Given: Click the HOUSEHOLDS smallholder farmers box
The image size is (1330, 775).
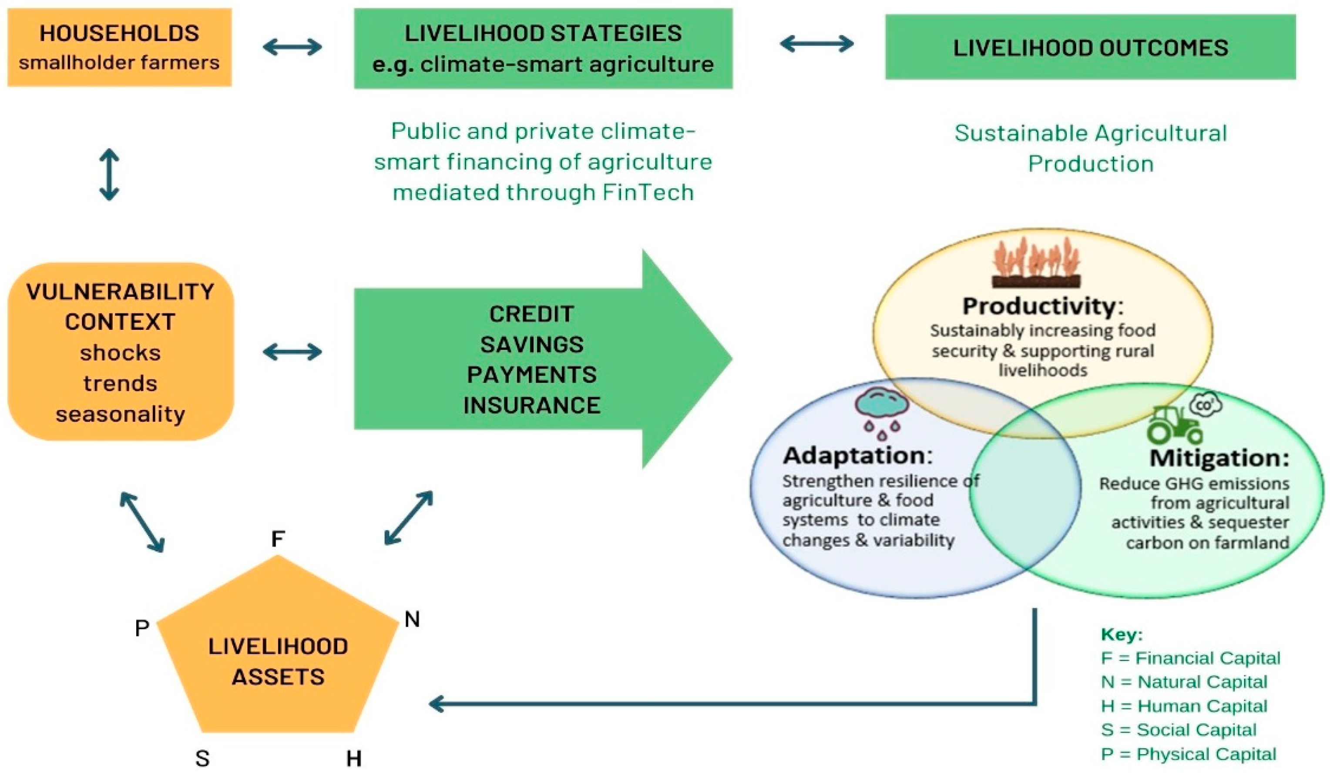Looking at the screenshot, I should point(119,47).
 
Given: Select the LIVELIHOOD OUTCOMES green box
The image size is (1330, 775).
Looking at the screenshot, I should point(1090,47).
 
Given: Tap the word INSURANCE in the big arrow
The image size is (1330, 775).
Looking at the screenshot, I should point(532,405).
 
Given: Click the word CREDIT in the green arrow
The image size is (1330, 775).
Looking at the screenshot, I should point(531,315).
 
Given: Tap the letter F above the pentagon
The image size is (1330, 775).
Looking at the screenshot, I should point(278,539).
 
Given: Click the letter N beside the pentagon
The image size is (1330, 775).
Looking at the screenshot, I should point(412,619).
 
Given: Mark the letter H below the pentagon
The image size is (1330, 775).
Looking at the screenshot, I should point(354,758).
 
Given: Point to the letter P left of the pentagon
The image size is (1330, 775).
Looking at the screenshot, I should point(142,628).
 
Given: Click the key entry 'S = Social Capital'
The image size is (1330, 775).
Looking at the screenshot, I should point(1178,730).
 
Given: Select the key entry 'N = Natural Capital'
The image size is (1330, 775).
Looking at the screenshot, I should point(1183,681).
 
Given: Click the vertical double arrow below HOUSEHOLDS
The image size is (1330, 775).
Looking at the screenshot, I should point(109,174).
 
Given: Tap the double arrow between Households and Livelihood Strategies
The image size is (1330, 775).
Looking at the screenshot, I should point(292,47).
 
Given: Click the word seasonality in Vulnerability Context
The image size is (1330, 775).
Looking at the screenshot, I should point(120,414).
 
